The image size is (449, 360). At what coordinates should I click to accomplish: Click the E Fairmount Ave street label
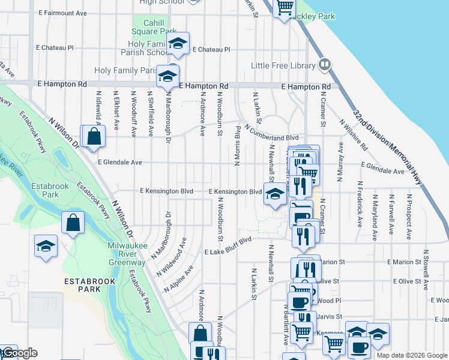point(62,13)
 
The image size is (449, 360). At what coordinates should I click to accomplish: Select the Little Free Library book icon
point(325,64)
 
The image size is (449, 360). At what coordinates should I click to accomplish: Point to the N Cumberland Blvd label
point(271,133)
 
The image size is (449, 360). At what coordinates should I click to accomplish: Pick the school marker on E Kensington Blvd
point(275,193)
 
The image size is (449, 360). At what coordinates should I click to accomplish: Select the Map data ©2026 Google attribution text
point(411,355)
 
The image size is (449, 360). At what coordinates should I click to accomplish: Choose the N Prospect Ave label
point(410,213)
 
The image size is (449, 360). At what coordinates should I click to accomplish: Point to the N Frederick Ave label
point(360,203)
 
